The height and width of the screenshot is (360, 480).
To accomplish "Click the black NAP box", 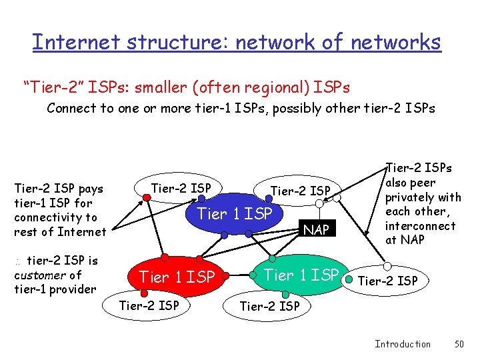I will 315,230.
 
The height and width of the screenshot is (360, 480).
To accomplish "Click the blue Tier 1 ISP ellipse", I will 235,214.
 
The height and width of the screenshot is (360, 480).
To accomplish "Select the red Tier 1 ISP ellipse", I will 176,276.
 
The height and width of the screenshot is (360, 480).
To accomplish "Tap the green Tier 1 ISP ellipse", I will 301,274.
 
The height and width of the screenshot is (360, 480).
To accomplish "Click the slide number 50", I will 458,344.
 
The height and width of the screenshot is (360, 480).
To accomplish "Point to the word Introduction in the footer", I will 402,344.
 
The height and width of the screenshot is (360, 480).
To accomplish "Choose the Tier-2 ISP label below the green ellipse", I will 269,306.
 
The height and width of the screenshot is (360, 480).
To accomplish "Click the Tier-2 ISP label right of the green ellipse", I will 387,281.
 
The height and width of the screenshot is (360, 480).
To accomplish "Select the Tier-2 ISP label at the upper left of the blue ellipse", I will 181,189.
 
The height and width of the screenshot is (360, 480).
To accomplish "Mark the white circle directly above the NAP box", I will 319,204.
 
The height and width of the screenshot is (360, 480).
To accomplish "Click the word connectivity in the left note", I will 55,217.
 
